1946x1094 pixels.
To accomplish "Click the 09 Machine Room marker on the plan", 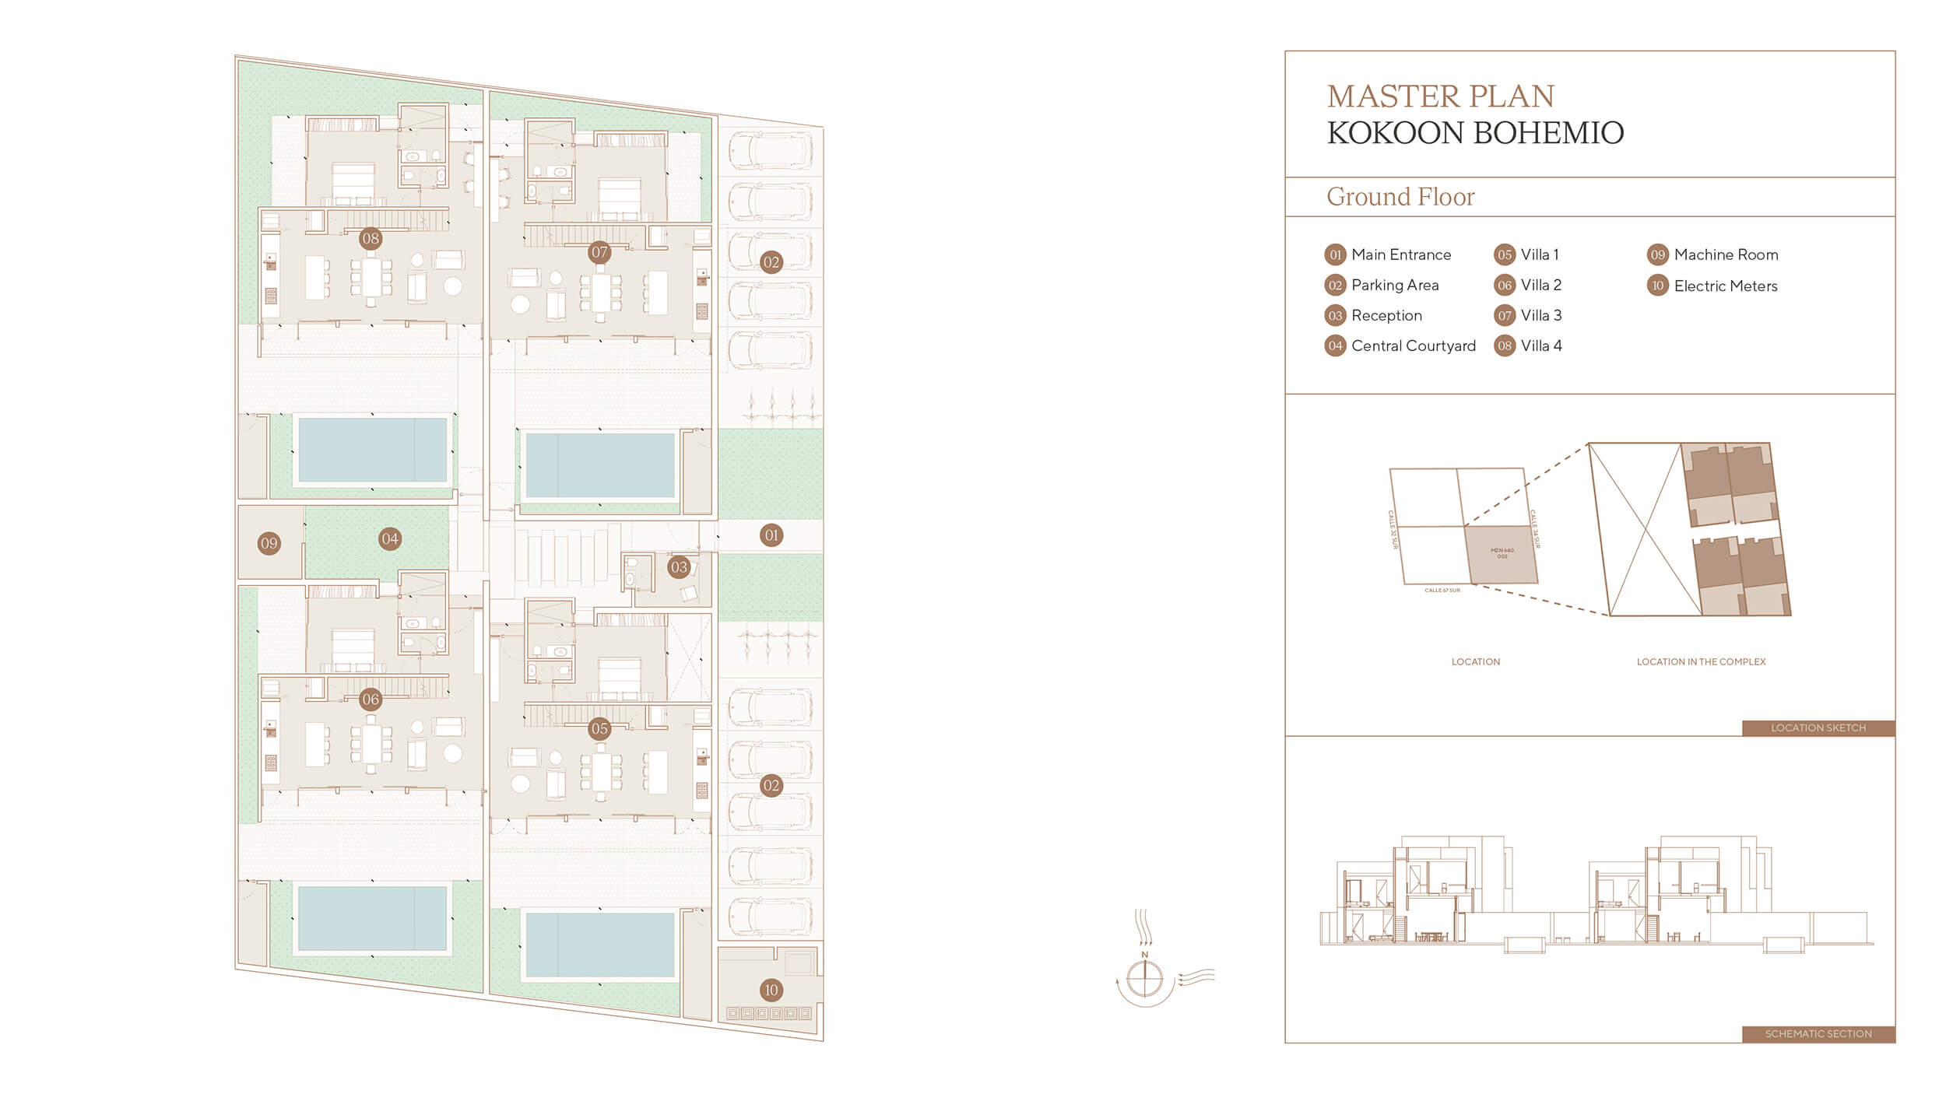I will pyautogui.click(x=269, y=543).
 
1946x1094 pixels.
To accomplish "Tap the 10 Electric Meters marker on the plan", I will pyautogui.click(x=771, y=990).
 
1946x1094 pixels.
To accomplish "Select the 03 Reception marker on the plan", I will pyautogui.click(x=679, y=567).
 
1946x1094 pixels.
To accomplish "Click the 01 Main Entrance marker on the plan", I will pyautogui.click(x=771, y=535).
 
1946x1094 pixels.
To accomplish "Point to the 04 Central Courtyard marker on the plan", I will pyautogui.click(x=390, y=538).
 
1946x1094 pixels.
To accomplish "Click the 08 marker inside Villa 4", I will pyautogui.click(x=371, y=239).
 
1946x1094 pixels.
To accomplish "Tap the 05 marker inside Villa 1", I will pyautogui.click(x=599, y=729).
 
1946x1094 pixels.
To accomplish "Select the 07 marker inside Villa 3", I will pyautogui.click(x=599, y=252).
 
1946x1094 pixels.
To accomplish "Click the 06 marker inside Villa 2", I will pyautogui.click(x=371, y=700).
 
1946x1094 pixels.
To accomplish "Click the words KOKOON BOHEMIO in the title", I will pyautogui.click(x=1475, y=133).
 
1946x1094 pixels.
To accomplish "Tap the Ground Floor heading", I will pyautogui.click(x=1400, y=197).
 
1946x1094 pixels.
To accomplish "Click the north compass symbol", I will pyautogui.click(x=1145, y=977).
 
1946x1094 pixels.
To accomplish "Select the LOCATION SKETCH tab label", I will pyautogui.click(x=1818, y=728).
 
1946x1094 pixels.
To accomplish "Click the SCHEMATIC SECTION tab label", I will pyautogui.click(x=1818, y=1034).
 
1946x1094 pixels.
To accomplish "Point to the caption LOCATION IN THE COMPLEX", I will pyautogui.click(x=1701, y=662).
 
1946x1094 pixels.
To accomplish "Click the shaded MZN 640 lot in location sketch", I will pyautogui.click(x=1502, y=554).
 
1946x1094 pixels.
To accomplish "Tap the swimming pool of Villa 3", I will pyautogui.click(x=599, y=465).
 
